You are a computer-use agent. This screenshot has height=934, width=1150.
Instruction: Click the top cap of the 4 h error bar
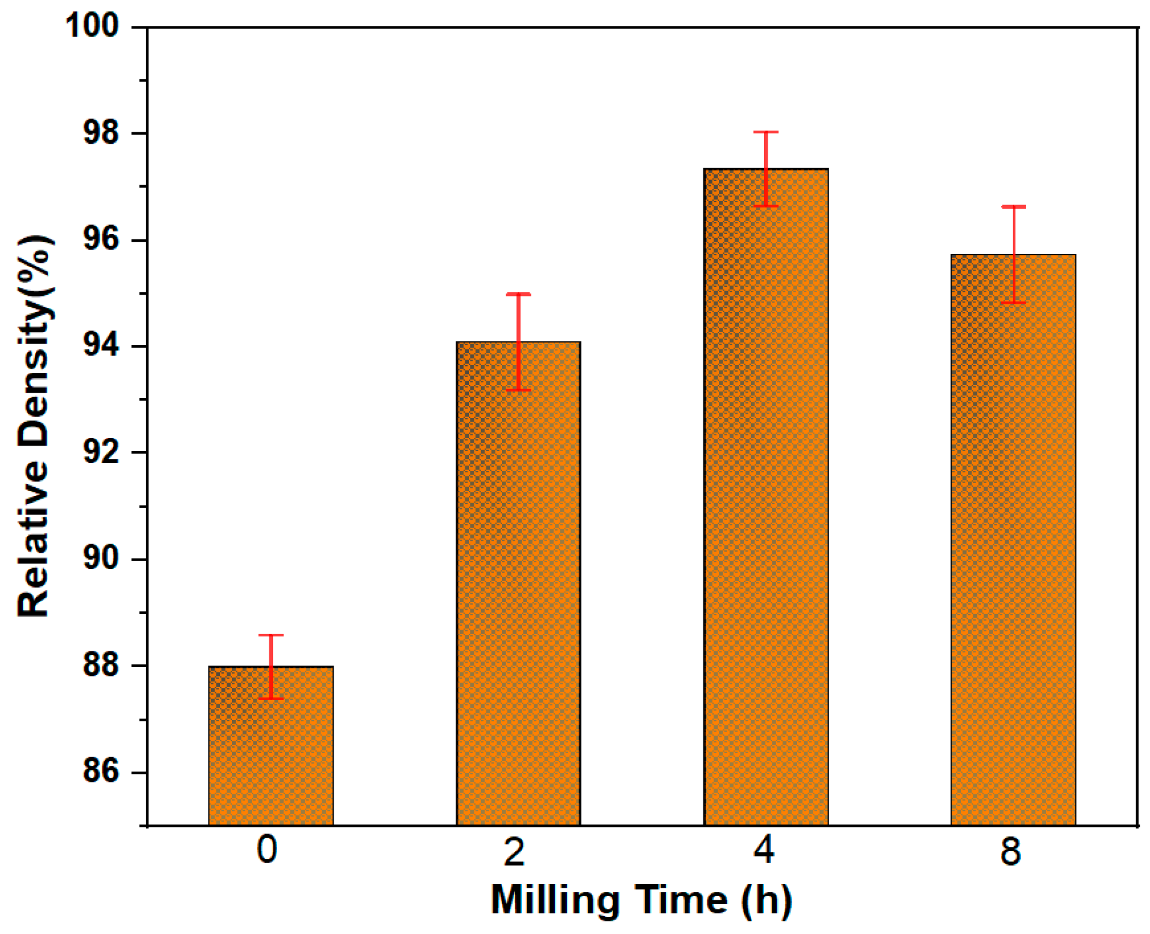coord(766,132)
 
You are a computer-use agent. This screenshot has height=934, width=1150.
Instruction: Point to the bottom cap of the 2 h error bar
coord(518,390)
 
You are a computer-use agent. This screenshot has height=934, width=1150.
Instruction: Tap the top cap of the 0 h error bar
coord(271,635)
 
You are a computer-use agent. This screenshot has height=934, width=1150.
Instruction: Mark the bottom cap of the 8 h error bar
coord(1014,303)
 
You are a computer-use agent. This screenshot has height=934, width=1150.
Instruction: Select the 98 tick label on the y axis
coord(101,133)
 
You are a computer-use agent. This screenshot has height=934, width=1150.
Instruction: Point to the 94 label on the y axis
coord(101,346)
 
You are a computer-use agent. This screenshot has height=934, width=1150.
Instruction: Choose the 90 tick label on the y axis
coord(101,559)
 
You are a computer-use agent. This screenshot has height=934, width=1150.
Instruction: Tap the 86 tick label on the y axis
coord(101,771)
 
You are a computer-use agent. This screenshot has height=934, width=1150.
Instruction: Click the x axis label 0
coord(267,850)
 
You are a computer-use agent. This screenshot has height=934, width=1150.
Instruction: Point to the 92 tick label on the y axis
coord(101,452)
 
